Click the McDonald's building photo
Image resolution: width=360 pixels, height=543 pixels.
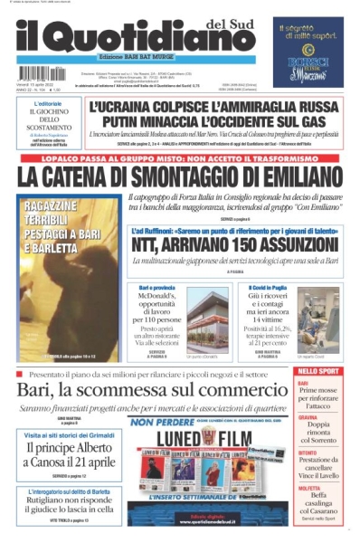tap(208, 321)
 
